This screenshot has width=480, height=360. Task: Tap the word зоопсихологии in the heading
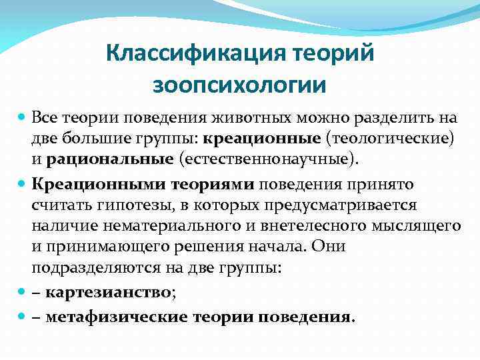(x=239, y=85)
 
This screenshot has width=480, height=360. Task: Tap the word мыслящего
(x=420, y=227)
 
